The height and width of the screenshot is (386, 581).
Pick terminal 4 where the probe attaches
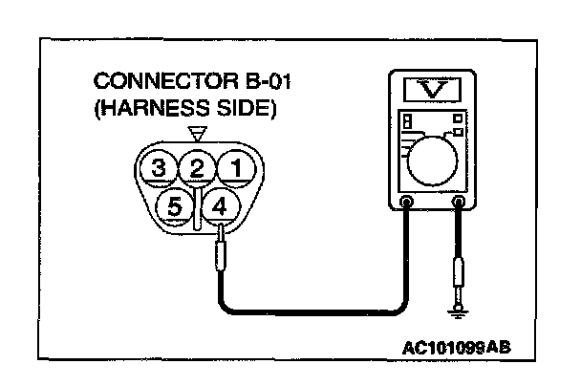point(218,204)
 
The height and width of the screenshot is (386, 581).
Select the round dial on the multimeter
point(435,152)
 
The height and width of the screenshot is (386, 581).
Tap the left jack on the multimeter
point(408,203)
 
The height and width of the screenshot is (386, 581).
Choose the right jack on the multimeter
point(460,203)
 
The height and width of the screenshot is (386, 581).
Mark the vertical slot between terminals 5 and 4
point(197,204)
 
